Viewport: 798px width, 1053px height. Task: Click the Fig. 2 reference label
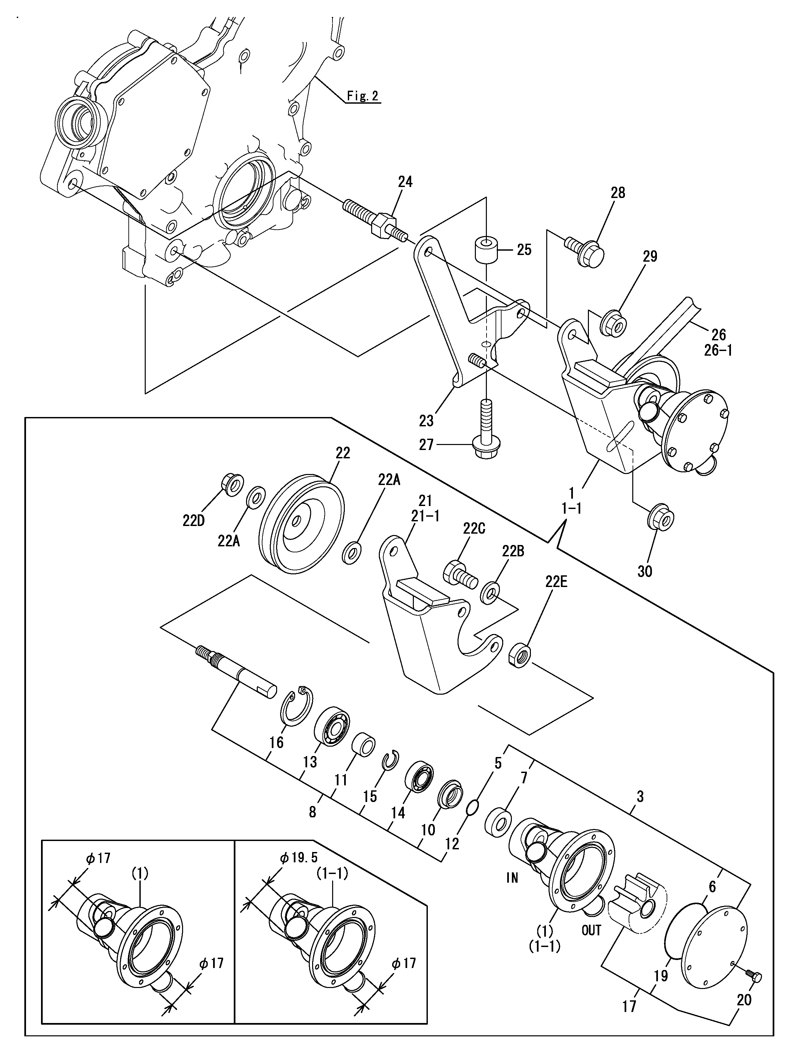coord(362,96)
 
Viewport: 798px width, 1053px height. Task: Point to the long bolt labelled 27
coord(486,429)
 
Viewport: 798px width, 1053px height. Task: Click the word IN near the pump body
coord(512,877)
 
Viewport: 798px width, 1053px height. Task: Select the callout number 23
coord(426,420)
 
